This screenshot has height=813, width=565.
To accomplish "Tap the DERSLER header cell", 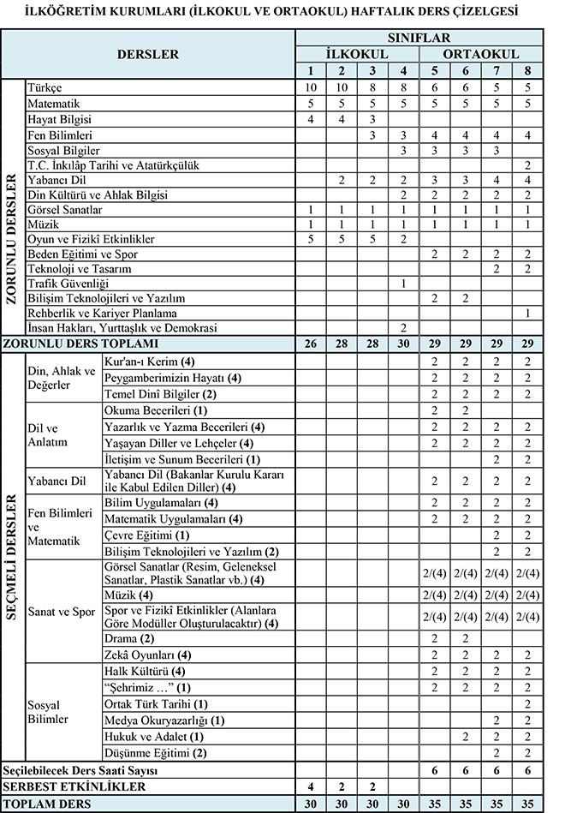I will [149, 54].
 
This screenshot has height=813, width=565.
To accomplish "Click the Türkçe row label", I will [45, 88].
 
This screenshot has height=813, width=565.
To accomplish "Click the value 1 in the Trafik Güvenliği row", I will [403, 284].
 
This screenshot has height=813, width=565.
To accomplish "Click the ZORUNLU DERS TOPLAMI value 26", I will [311, 344].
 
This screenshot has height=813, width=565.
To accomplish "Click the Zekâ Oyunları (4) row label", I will [142, 655].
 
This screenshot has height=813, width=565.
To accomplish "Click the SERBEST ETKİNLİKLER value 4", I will [311, 786].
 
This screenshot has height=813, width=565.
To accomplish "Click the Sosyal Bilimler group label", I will [49, 711].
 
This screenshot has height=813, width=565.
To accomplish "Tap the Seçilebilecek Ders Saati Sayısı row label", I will [84, 769].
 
